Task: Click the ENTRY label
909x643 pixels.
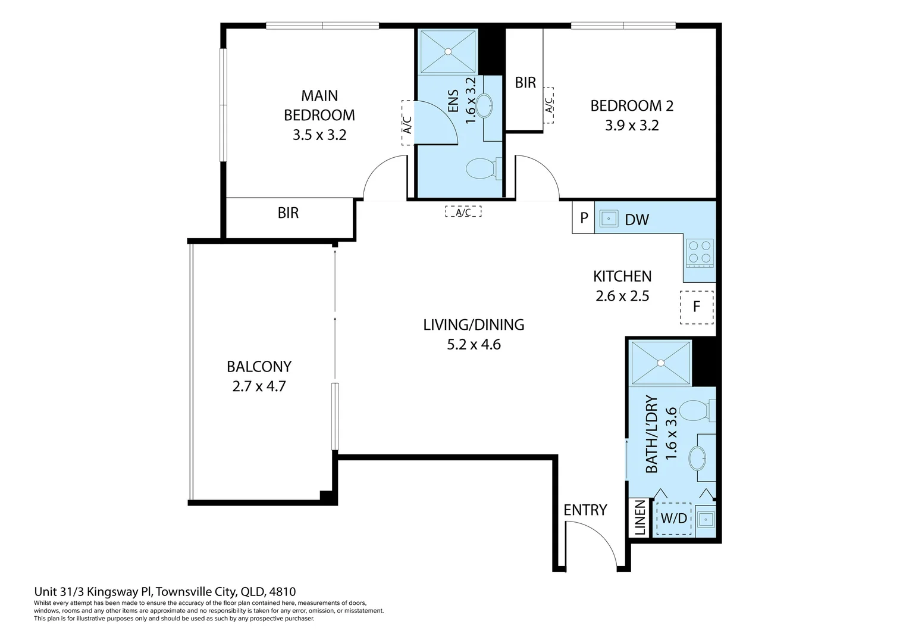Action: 585,510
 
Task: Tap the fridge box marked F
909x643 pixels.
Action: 697,307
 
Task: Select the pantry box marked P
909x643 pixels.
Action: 584,218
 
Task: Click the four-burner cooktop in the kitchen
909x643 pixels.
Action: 700,252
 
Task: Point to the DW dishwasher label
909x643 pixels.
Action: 637,220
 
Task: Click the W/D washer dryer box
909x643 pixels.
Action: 673,519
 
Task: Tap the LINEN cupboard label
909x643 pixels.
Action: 640,517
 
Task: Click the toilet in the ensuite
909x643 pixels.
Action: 484,168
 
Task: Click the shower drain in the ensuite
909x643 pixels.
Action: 448,52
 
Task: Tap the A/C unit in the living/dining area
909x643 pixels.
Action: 463,211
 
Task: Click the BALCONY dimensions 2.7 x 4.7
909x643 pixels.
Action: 259,386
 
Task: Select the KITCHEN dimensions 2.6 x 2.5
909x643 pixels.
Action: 622,296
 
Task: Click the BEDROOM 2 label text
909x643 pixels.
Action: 632,105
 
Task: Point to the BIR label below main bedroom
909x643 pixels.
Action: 288,213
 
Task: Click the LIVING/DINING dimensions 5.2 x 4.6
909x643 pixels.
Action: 474,345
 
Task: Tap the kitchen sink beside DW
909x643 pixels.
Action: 609,219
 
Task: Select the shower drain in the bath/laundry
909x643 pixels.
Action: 661,363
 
